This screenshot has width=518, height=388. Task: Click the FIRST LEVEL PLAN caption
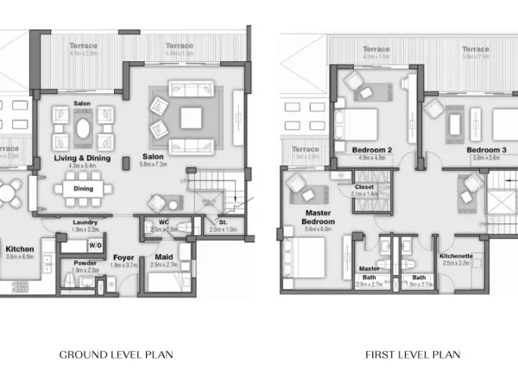pyautogui.click(x=412, y=354)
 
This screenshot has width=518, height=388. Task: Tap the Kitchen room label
pyautogui.click(x=19, y=248)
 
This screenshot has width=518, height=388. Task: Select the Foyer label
pyautogui.click(x=123, y=256)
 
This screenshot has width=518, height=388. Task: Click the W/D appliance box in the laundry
pyautogui.click(x=94, y=245)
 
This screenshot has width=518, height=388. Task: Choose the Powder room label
pyautogui.click(x=85, y=263)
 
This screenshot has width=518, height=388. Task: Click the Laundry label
pyautogui.click(x=85, y=222)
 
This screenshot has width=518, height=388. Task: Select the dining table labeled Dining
pyautogui.click(x=83, y=188)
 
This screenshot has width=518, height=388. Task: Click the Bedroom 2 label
pyautogui.click(x=373, y=150)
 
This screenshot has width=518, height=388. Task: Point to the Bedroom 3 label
pyautogui.click(x=486, y=150)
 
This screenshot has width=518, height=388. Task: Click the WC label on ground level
pyautogui.click(x=162, y=222)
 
